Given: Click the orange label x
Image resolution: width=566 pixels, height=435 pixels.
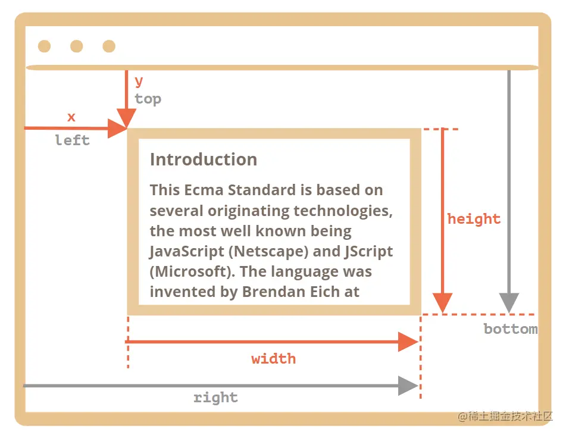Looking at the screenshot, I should click(x=71, y=117).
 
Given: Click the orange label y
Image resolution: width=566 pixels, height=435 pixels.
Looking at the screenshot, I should click(x=139, y=81).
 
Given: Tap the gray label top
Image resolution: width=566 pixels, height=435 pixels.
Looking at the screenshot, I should click(x=148, y=99).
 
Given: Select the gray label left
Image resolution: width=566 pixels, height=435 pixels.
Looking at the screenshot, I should click(x=72, y=140).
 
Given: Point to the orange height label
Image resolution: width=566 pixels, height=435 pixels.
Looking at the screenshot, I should click(x=474, y=219).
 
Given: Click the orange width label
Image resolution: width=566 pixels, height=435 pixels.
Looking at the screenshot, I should click(x=273, y=359).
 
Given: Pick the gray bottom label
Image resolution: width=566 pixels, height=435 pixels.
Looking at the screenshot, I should click(x=510, y=329).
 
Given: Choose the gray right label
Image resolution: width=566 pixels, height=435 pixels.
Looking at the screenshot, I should click(x=215, y=398).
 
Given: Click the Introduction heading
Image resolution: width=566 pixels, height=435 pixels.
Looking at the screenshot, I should click(x=204, y=159).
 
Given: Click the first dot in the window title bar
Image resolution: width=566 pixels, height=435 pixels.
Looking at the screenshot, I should click(x=44, y=46).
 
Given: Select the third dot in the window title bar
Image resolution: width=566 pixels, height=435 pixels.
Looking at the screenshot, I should click(x=108, y=46).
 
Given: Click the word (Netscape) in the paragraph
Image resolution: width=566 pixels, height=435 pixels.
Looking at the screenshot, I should click(x=269, y=251).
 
